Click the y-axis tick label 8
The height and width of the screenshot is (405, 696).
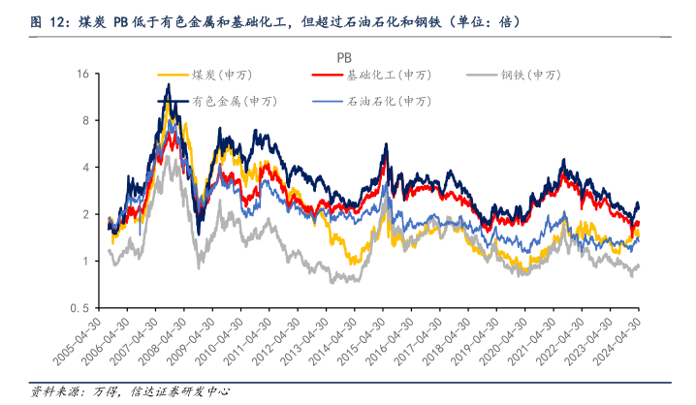click(85, 120)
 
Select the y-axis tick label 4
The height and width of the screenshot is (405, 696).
click(85, 168)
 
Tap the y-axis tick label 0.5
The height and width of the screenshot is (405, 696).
click(79, 308)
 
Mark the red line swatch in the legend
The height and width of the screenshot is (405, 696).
click(328, 75)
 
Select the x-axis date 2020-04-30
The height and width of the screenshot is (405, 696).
click(501, 345)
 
